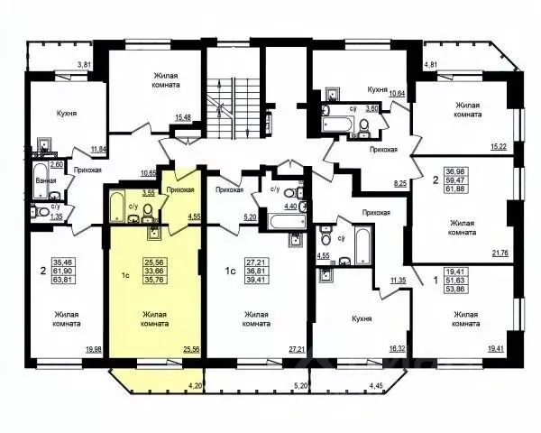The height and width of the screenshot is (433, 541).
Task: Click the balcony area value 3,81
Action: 85,65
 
